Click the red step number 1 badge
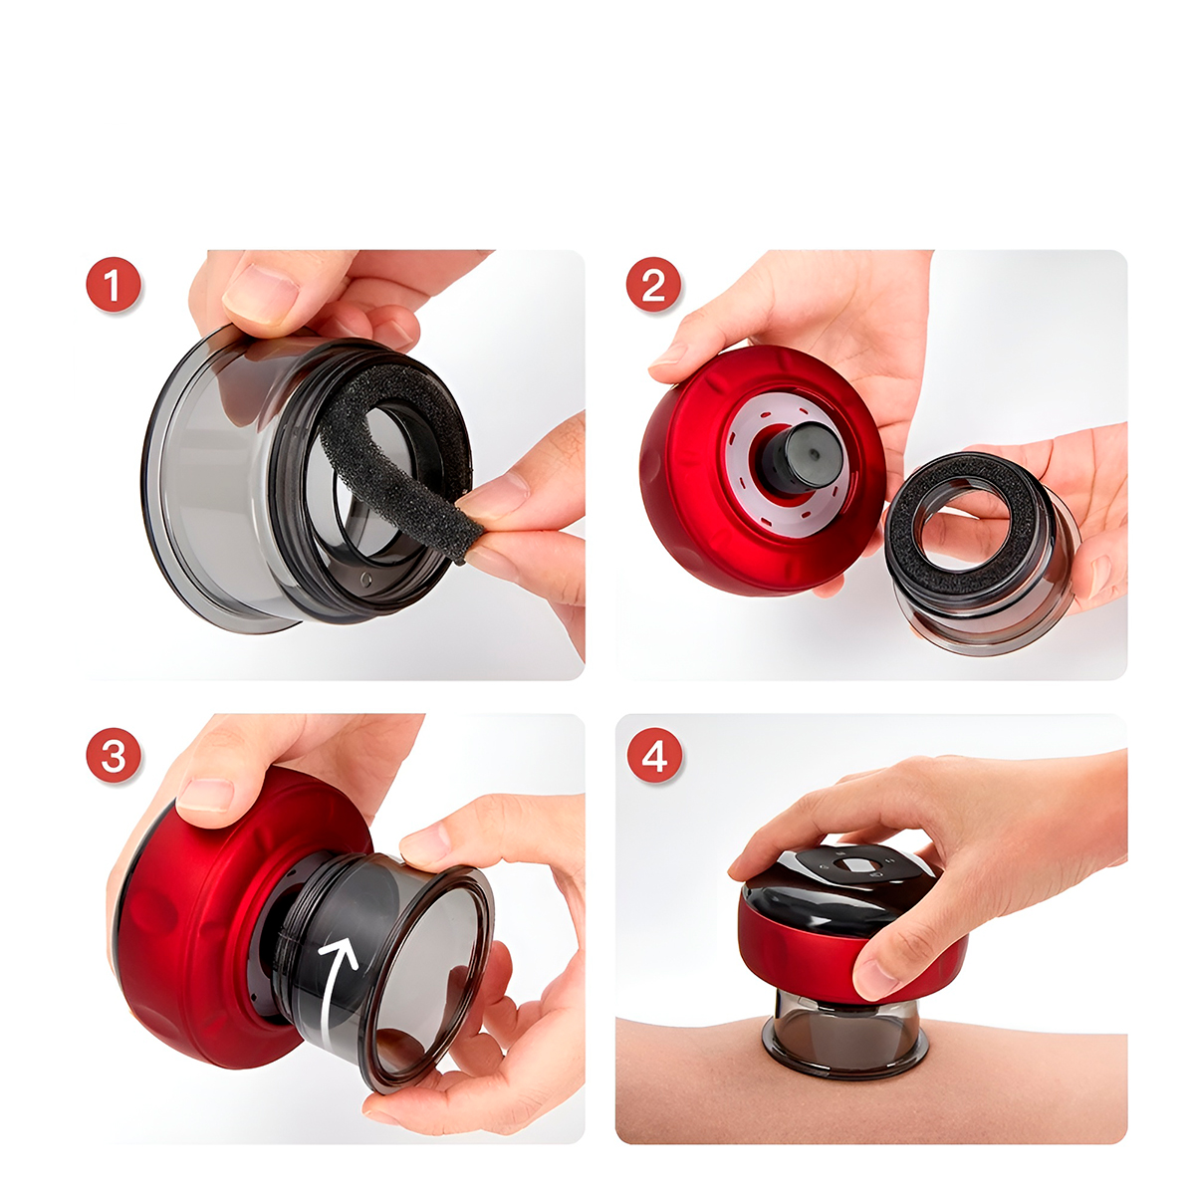pyautogui.click(x=114, y=285)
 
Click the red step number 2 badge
pyautogui.click(x=653, y=285)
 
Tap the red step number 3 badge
pyautogui.click(x=114, y=755)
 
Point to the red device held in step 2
pyautogui.click(x=762, y=470)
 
